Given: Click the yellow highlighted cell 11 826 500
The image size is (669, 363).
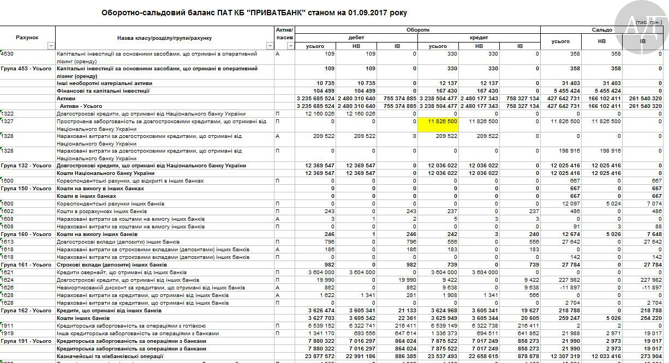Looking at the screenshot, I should [x=438, y=121].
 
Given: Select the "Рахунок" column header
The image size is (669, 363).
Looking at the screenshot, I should [x=27, y=38].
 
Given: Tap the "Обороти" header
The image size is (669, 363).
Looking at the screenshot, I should [x=417, y=29].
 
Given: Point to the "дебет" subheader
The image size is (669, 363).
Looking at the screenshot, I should [x=356, y=38].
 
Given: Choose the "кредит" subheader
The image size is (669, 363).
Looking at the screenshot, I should [x=479, y=38].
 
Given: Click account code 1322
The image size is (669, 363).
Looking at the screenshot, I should [x=8, y=113].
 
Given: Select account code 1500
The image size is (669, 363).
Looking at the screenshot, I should [x=8, y=181].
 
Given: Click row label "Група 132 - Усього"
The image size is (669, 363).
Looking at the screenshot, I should [x=26, y=166].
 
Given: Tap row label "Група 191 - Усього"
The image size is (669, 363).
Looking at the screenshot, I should [x=26, y=341].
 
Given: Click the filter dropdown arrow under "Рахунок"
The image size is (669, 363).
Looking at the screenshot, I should [x=51, y=46].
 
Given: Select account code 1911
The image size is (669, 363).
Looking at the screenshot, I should [x=8, y=326].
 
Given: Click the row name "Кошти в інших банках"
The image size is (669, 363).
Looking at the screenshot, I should [x=87, y=196].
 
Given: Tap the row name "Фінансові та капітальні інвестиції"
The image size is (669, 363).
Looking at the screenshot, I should [x=103, y=91].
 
